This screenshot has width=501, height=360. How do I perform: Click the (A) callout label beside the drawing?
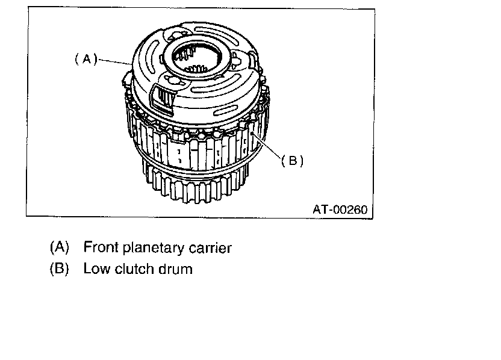tap(86, 59)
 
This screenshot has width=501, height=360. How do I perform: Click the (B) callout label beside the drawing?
tap(292, 161)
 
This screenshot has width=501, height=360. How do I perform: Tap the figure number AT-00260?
tap(338, 209)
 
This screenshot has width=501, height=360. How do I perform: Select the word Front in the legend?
tap(99, 247)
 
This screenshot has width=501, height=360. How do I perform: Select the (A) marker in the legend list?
tap(60, 247)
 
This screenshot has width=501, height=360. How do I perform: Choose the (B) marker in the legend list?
tap(60, 268)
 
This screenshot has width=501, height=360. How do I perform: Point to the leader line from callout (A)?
tap(114, 61)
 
